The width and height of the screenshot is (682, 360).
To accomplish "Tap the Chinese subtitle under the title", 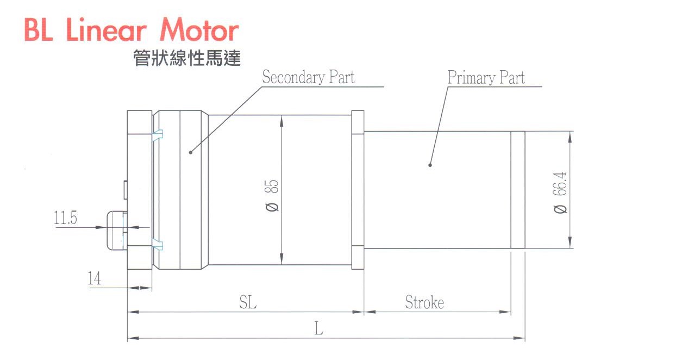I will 186,58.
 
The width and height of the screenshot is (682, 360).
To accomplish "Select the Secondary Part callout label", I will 308,77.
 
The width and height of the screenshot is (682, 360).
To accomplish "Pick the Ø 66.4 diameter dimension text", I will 560,193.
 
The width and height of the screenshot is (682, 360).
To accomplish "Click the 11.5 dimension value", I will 65,219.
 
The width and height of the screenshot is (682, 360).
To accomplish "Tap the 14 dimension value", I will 94,279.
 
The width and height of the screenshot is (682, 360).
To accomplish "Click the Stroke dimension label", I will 424,302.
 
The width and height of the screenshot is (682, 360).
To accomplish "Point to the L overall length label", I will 319,328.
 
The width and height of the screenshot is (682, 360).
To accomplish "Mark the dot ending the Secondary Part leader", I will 191,152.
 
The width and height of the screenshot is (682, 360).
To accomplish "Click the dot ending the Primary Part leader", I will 430,164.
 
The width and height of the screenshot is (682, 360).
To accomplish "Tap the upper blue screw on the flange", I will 158,134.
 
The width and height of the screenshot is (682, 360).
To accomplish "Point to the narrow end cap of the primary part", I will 517,190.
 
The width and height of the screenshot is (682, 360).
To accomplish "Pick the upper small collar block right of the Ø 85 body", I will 357,122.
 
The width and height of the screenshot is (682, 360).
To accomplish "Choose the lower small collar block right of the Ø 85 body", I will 357,257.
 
